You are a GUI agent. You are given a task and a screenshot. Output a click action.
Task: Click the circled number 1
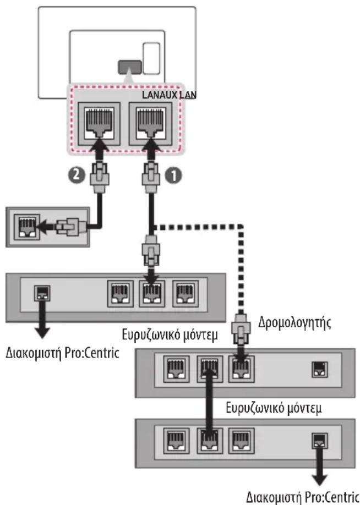173,176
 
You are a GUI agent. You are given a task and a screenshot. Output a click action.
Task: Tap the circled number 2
77,174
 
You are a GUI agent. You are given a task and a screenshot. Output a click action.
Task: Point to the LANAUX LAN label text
169,95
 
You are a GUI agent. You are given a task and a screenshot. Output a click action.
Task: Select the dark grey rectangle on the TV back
130,67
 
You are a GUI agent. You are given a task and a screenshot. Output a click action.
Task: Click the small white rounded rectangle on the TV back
151,58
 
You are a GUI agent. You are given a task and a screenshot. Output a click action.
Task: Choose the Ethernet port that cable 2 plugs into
99,124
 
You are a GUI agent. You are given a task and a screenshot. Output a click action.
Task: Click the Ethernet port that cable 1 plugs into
150,124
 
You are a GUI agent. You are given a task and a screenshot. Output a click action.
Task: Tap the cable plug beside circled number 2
99,178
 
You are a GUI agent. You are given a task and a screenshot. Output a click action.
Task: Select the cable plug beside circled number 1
151,178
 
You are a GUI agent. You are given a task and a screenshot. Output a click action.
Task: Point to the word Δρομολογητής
294,323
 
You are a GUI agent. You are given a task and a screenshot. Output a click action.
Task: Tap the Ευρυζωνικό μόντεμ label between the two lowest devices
274,409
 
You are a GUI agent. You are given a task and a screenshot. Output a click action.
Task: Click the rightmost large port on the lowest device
241,441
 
